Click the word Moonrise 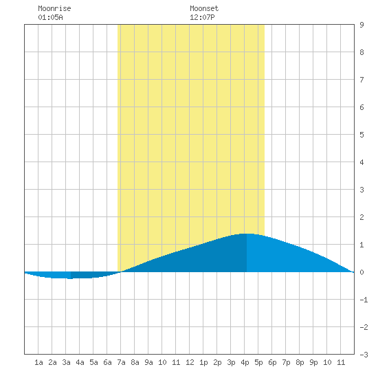(x=54, y=8)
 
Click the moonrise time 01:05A (x=50, y=17)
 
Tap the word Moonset (x=204, y=8)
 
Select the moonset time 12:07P (x=202, y=17)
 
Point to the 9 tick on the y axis (x=362, y=25)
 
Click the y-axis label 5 (x=362, y=135)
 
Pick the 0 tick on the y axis (x=362, y=272)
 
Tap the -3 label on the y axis (x=364, y=355)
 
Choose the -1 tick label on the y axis (x=364, y=300)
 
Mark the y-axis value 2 (x=362, y=217)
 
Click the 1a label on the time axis (x=38, y=362)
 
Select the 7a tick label (x=121, y=362)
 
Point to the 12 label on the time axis (x=190, y=362)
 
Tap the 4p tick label (x=245, y=362)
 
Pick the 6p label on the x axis (x=272, y=362)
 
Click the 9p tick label (x=313, y=362)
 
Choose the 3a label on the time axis (x=66, y=362)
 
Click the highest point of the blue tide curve (x=247, y=234)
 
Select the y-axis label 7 (x=362, y=80)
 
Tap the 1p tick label (x=203, y=362)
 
